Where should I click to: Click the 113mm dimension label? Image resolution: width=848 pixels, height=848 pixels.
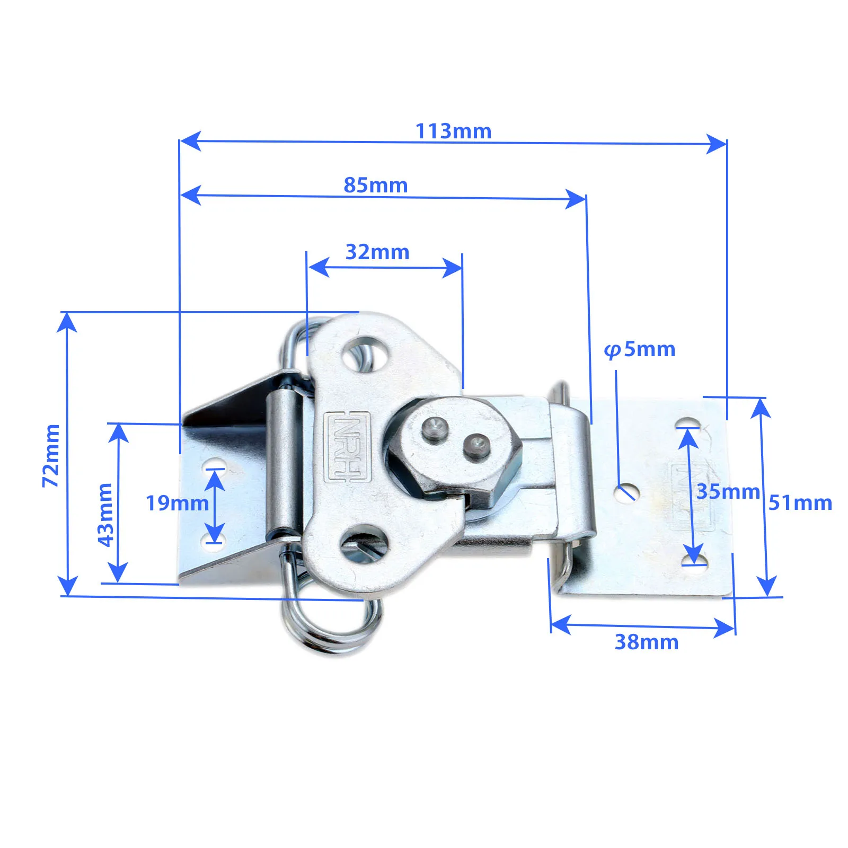pyautogui.click(x=453, y=131)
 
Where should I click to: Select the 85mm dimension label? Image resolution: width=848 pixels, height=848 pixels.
pyautogui.click(x=376, y=185)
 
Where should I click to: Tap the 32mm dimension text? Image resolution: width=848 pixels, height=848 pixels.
pyautogui.click(x=377, y=252)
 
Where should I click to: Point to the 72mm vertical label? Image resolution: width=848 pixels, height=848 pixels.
pyautogui.click(x=51, y=455)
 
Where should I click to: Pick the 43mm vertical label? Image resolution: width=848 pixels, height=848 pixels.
pyautogui.click(x=105, y=515)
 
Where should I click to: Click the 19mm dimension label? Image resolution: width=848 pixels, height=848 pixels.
pyautogui.click(x=177, y=503)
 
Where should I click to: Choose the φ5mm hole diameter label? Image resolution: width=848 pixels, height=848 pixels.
pyautogui.click(x=640, y=350)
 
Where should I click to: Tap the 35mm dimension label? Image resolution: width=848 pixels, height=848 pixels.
pyautogui.click(x=728, y=491)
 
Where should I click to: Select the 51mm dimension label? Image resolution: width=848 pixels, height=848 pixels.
pyautogui.click(x=800, y=502)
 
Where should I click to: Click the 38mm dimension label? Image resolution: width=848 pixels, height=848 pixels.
pyautogui.click(x=647, y=642)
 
